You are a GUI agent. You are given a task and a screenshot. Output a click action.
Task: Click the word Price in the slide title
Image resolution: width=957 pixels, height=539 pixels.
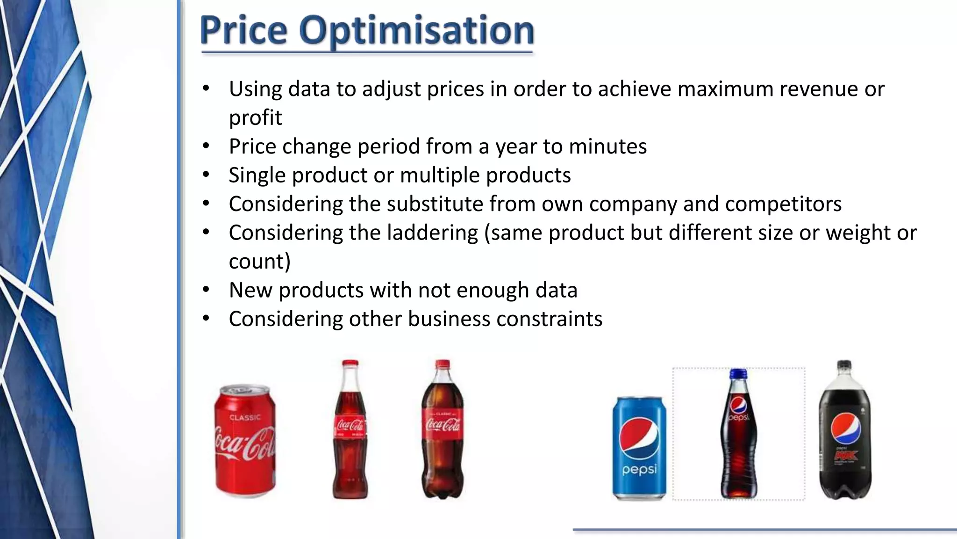(243, 31)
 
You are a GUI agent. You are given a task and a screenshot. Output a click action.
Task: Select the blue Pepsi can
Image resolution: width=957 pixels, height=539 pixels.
(639, 448)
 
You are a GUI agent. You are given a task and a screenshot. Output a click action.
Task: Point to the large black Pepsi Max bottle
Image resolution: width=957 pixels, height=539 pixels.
(845, 430)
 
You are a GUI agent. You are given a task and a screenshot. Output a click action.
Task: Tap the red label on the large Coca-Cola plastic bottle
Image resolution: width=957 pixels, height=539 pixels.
(442, 423)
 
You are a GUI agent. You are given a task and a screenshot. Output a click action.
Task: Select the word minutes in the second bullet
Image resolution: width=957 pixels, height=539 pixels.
(607, 146)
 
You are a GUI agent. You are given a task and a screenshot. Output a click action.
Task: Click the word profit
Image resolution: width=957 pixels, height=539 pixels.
(255, 117)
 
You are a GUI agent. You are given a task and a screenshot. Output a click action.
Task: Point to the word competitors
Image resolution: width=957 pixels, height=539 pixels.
(783, 204)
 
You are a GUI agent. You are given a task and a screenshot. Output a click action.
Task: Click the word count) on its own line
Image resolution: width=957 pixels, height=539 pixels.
(259, 261)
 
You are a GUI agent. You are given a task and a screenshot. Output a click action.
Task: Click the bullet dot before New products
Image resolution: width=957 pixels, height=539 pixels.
(206, 290)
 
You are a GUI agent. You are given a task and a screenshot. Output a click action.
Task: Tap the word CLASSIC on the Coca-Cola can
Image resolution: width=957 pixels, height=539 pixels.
(244, 417)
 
